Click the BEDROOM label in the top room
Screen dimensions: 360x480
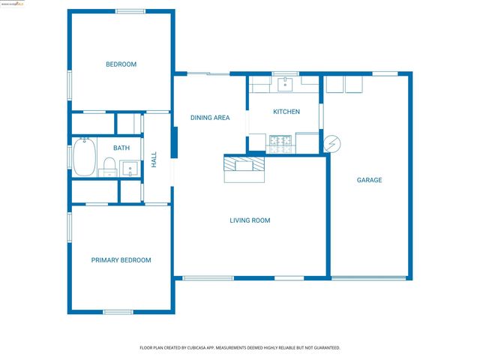(121, 64)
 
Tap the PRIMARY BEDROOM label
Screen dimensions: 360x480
(121, 260)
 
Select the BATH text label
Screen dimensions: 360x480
(121, 148)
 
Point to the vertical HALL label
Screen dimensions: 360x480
(154, 159)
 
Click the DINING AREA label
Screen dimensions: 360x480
(209, 118)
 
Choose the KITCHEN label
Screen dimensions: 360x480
(286, 112)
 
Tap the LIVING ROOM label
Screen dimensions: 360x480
(250, 220)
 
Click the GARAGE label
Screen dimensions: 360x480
(369, 180)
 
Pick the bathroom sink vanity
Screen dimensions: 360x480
(129, 169)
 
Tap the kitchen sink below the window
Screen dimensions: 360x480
(286, 85)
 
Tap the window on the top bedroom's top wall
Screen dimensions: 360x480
(130, 10)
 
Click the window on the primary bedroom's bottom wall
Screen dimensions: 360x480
(118, 312)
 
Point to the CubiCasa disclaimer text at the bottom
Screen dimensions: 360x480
(240, 348)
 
